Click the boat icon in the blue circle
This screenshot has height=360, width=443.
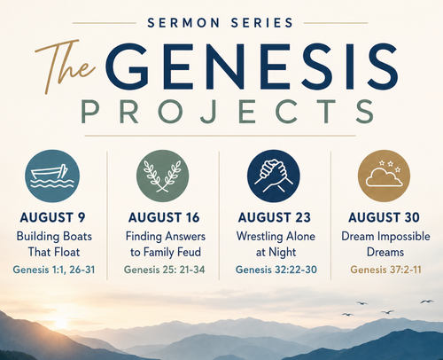52,176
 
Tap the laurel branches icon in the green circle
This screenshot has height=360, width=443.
162,176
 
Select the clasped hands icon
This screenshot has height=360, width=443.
274,176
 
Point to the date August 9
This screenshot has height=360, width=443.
52,217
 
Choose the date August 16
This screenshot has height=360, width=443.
164,217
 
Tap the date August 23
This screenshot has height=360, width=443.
275,217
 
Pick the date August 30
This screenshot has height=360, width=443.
384,217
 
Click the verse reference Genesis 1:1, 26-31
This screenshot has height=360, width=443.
54,270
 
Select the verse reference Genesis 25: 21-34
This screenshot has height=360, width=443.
164,270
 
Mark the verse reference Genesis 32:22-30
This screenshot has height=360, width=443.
276,270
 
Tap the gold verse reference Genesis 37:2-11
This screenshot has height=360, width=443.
385,270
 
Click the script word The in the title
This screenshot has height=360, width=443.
66,66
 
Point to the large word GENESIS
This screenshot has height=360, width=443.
252,67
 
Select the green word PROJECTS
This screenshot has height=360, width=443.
228,112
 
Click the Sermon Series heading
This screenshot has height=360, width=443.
220,23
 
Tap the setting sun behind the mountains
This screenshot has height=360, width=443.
61,323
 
